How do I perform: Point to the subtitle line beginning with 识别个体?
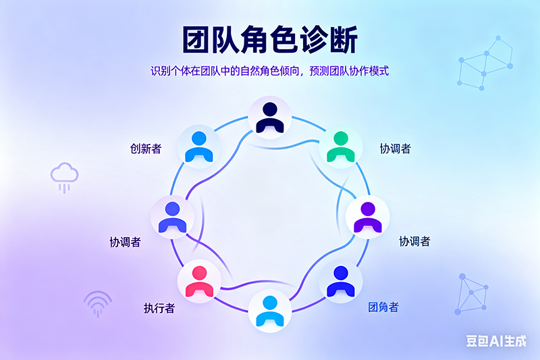269,70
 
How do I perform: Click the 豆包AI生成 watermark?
495,341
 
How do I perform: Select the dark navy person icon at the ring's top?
270,115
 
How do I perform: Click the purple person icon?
367,217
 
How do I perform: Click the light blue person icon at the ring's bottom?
270,310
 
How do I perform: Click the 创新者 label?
146,149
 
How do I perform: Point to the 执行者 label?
159,308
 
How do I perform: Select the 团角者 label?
383,307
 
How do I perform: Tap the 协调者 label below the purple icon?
414,241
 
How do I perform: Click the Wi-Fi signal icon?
99,303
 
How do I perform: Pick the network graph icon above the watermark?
473,293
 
